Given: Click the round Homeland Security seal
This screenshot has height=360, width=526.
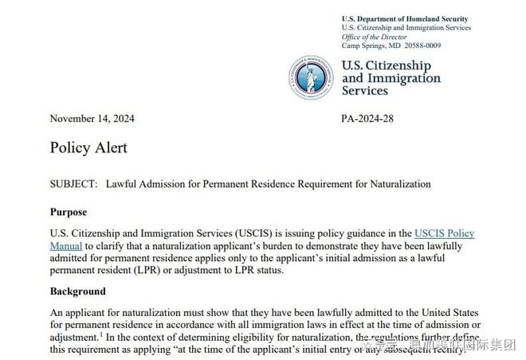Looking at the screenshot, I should (x=312, y=77).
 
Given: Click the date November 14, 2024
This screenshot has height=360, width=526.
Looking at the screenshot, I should (x=92, y=119).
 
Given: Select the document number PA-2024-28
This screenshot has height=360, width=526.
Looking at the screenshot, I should (x=367, y=119).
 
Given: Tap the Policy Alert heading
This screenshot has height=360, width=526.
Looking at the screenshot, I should (x=88, y=148).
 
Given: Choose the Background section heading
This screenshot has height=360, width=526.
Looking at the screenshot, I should (x=77, y=291).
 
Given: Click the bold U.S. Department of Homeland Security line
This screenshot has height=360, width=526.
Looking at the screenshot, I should (x=405, y=19).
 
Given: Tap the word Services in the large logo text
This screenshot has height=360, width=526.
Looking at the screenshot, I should (x=365, y=91).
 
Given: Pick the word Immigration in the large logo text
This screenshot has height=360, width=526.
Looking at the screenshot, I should (x=404, y=78).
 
